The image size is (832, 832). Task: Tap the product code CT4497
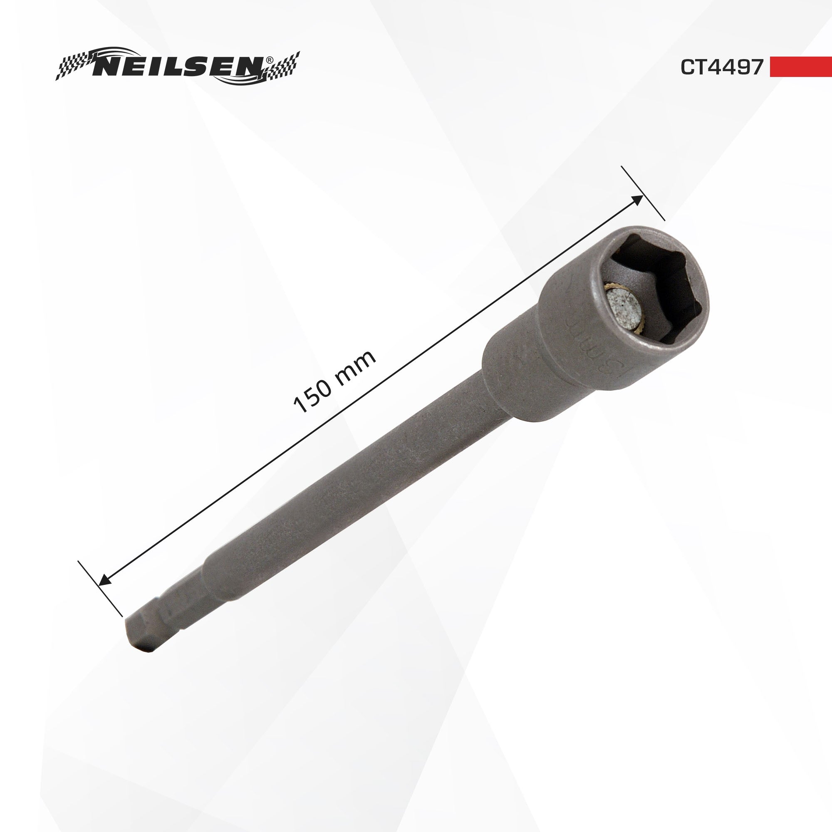[x=721, y=67]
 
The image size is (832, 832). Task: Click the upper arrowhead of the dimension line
[x=637, y=200]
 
